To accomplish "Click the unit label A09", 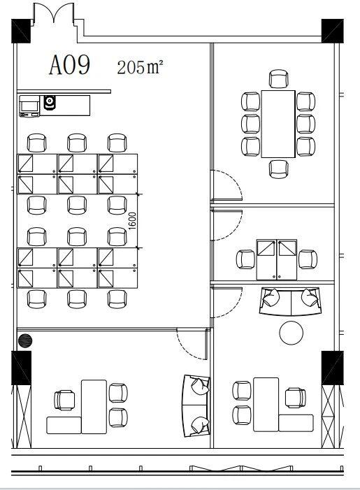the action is (x=70, y=65).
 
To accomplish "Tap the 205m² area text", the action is (x=140, y=66).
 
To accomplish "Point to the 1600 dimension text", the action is (x=132, y=221).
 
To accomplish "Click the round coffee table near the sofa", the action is (x=291, y=333).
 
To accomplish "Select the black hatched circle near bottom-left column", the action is (x=25, y=341).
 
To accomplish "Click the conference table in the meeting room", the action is (x=278, y=124).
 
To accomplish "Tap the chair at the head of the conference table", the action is (x=278, y=79).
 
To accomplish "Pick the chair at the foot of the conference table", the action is (x=278, y=169).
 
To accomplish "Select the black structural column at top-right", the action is (x=333, y=31).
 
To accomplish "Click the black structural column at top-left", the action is (x=21, y=31).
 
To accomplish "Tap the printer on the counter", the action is (x=29, y=106).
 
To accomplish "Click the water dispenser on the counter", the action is (x=50, y=103).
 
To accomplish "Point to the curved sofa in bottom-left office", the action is (x=196, y=405).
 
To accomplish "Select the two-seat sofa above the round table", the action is (x=290, y=301).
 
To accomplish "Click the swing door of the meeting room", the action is (x=227, y=186).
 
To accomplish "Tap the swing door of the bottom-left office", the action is (x=192, y=344).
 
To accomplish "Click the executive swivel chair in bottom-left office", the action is (x=65, y=400).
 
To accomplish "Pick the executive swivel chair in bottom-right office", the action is (x=295, y=398).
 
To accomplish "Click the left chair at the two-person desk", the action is (x=245, y=259).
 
